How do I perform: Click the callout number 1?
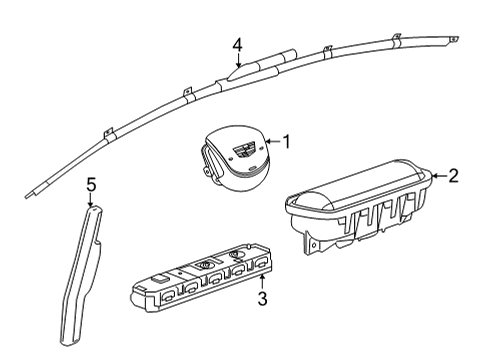coord(285,142)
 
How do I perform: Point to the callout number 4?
coord(237,44)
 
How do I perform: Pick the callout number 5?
coord(90,184)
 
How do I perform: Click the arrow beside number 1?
coord(268,143)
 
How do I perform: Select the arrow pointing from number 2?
coord(435,178)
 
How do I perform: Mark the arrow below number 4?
coord(237,62)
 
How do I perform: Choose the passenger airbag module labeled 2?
coord(360,206)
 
